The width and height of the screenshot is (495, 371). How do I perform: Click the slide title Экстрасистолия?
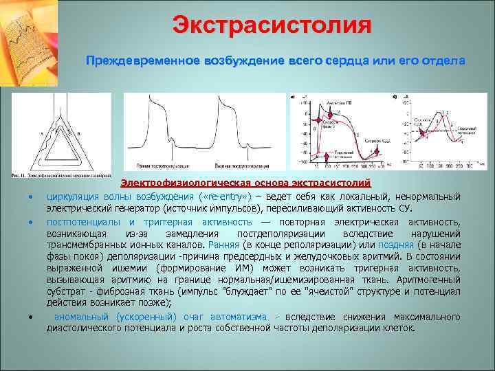(x=272, y=26)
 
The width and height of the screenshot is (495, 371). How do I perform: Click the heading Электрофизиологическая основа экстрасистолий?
(x=246, y=183)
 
